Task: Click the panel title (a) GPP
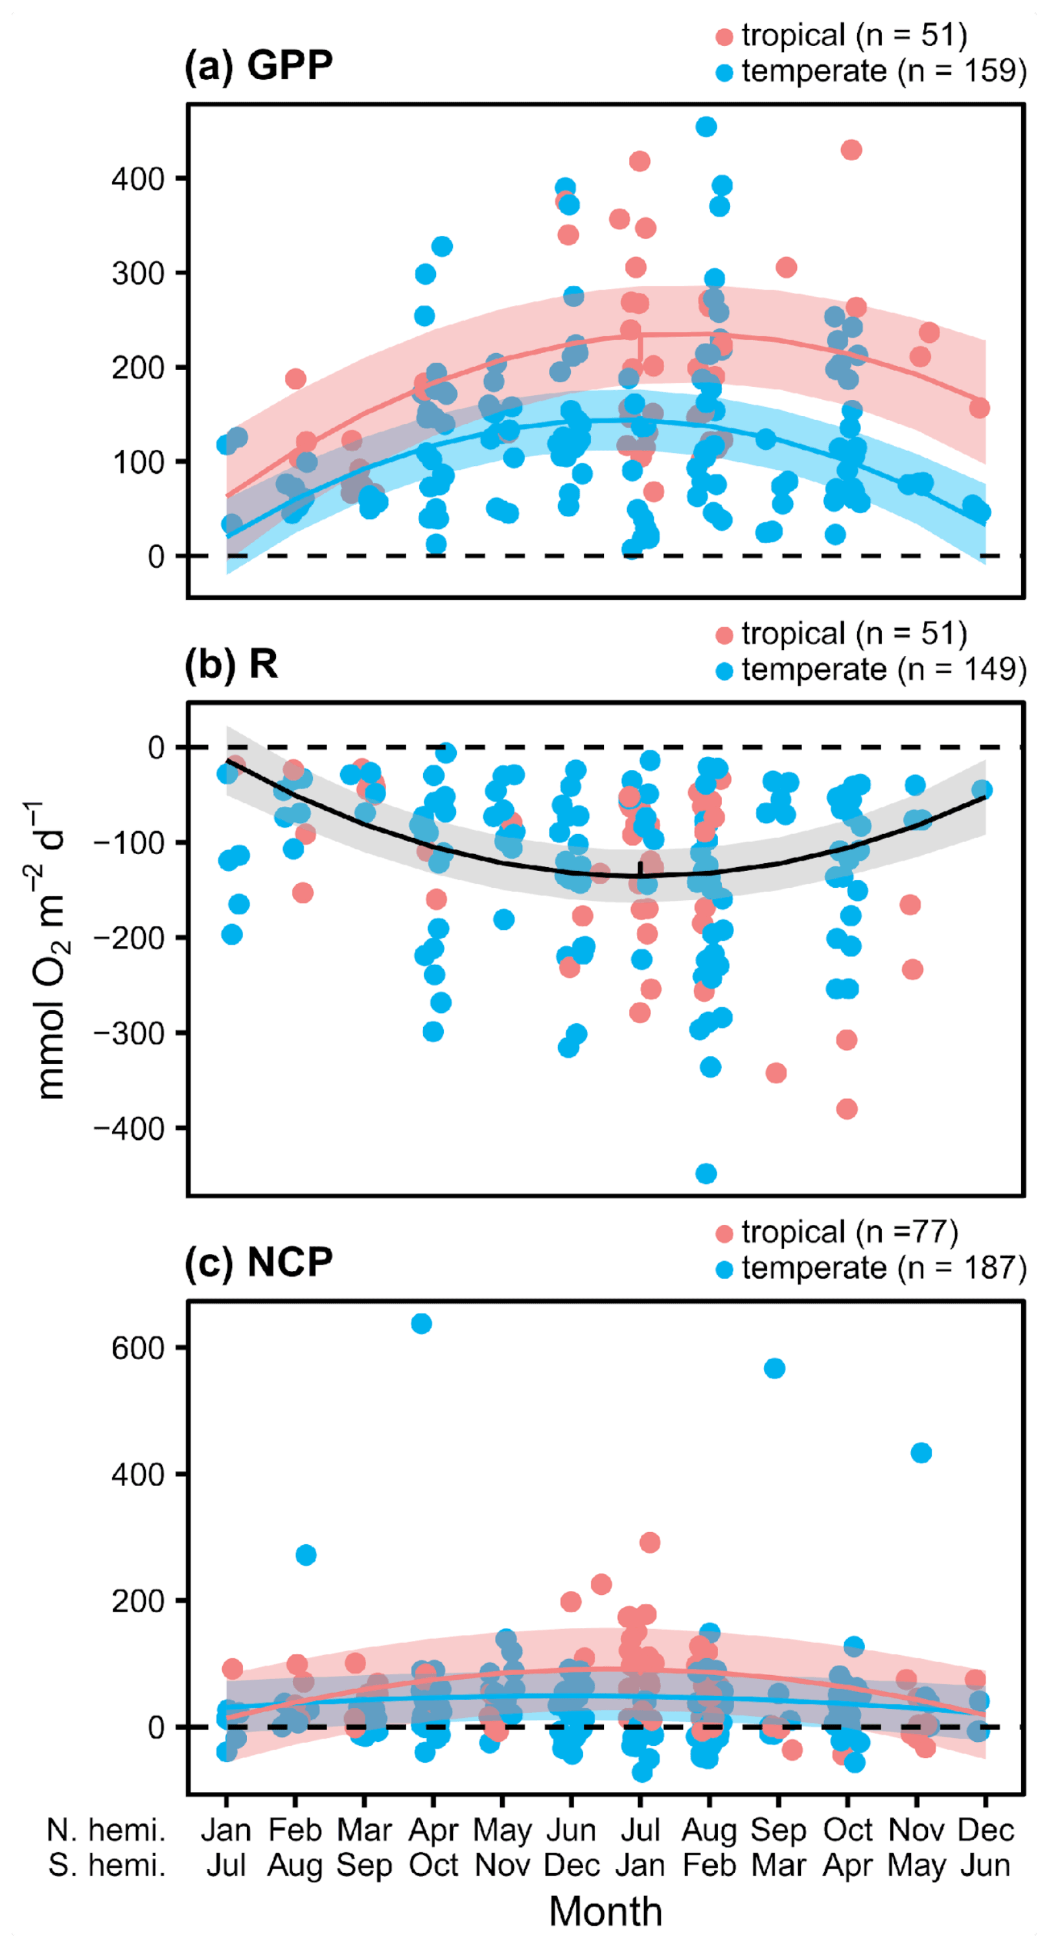[x=258, y=65]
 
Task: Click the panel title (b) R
[x=231, y=664]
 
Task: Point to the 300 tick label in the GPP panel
[x=139, y=273]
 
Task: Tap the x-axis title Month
[x=605, y=1912]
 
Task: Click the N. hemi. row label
[x=106, y=1830]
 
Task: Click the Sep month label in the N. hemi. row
[x=778, y=1830]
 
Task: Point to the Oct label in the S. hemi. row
[x=433, y=1865]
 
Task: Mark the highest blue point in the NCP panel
[x=421, y=1323]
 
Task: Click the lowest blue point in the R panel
[x=706, y=1174]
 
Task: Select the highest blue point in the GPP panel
[x=706, y=127]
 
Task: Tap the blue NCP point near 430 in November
[x=921, y=1453]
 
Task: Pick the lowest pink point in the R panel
[x=846, y=1109]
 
